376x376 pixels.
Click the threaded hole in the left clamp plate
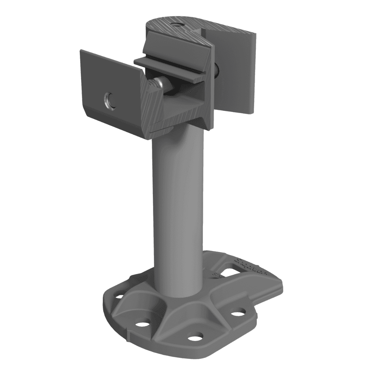point(108,100)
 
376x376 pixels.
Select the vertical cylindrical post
point(177,209)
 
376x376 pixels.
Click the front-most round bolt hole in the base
point(195,337)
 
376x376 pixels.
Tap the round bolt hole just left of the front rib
point(142,324)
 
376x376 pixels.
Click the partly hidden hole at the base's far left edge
point(119,297)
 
